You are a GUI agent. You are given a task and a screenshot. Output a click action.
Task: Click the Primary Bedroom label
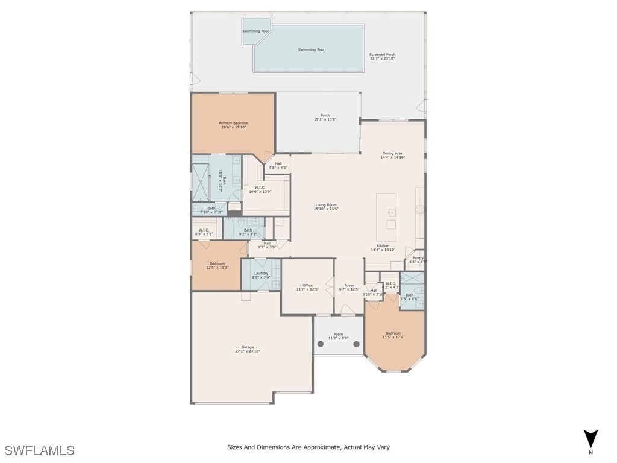[233, 123]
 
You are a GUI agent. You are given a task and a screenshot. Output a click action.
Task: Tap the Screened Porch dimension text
[382, 59]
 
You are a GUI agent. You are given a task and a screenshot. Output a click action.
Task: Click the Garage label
[248, 347]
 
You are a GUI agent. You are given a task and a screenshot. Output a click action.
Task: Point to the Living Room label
[326, 205]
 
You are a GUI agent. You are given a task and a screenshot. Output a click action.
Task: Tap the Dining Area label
[393, 153]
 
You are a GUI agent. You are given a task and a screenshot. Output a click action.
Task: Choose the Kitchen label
[383, 246]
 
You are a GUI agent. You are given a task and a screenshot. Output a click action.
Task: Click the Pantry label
[418, 258]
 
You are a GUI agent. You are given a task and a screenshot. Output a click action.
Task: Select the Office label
[307, 285]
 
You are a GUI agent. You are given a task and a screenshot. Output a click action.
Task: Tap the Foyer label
[349, 285]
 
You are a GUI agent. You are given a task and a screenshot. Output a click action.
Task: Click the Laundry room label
[261, 273]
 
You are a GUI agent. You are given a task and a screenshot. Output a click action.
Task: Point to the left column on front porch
[321, 344]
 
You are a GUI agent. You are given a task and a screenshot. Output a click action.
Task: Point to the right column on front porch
[356, 344]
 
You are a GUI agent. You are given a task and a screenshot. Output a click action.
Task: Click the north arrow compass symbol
[591, 438]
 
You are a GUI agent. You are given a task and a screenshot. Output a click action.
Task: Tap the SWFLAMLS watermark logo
[39, 450]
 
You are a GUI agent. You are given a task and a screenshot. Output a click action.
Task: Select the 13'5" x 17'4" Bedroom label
[393, 333]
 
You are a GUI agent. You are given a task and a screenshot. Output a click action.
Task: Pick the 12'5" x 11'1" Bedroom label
[218, 263]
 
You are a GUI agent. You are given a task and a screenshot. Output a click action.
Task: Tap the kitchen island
[386, 212]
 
